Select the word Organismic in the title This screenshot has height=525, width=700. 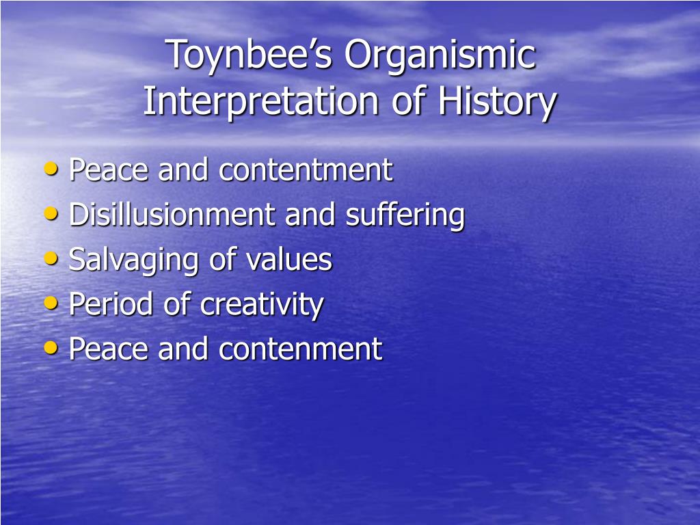pyautogui.click(x=440, y=56)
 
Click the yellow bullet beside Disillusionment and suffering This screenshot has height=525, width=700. pyautogui.click(x=51, y=213)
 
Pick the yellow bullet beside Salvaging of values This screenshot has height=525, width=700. pyautogui.click(x=51, y=258)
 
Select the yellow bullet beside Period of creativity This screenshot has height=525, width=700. pyautogui.click(x=51, y=303)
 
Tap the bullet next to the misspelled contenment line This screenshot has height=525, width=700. pyautogui.click(x=51, y=347)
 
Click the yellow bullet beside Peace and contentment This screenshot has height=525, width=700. pyautogui.click(x=51, y=169)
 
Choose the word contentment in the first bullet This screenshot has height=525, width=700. pyautogui.click(x=306, y=170)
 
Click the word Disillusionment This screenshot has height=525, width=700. pyautogui.click(x=172, y=215)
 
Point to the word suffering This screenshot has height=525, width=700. pyautogui.click(x=405, y=216)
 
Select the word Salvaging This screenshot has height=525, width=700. pyautogui.click(x=133, y=260)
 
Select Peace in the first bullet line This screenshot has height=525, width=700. pyautogui.click(x=109, y=170)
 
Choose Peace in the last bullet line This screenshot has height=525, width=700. pyautogui.click(x=109, y=349)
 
